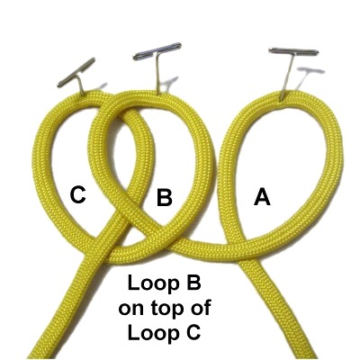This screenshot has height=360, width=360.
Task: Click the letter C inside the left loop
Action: (x=78, y=195)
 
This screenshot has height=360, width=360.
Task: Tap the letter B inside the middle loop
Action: (x=165, y=196)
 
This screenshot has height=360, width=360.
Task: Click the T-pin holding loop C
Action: (x=77, y=76)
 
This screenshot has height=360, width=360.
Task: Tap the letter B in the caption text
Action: (x=192, y=284)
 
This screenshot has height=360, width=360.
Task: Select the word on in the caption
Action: (x=130, y=310)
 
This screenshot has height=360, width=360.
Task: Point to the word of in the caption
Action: (x=201, y=308)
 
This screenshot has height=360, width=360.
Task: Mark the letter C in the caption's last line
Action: (x=192, y=332)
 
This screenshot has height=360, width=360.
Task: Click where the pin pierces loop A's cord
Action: (x=282, y=97)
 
